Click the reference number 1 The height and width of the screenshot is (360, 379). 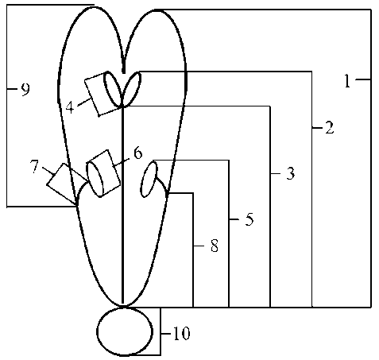pos(347,81)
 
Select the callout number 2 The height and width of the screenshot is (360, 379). pos(329,128)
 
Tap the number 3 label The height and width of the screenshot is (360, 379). pos(290,173)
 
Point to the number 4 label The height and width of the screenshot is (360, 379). pos(70,107)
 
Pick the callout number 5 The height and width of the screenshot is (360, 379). pos(249,219)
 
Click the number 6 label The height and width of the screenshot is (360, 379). pos(137,153)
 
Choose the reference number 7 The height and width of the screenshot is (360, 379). pos(35,167)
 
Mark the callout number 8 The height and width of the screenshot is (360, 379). pos(215,246)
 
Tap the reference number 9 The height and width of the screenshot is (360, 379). pos(25,90)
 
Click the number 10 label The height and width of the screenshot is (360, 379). pos(181,333)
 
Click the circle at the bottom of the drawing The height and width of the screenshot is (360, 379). pos(125,331)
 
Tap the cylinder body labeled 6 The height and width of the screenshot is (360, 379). pos(103,173)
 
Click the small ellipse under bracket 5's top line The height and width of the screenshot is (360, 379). pos(149,180)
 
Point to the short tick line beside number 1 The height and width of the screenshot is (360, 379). pos(363,79)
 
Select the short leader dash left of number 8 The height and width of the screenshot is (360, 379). pos(199,246)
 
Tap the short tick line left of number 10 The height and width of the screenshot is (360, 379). pos(166,334)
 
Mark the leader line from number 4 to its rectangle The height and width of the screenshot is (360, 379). pos(84,102)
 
